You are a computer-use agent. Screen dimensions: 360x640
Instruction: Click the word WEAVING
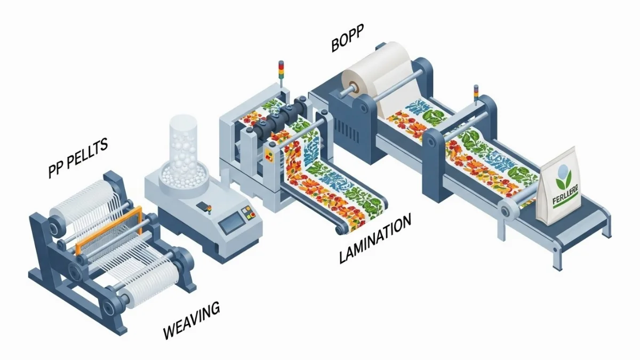[191, 321]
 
